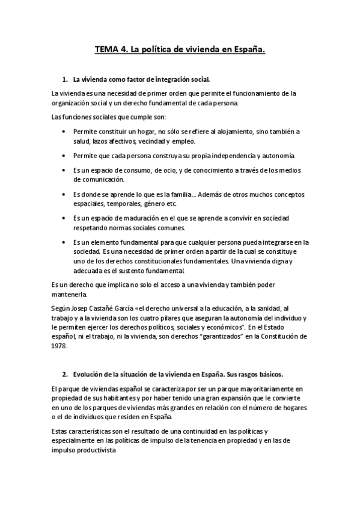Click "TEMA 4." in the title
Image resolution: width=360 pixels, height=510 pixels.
(109, 51)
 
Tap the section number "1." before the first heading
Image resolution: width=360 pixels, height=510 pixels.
(66, 79)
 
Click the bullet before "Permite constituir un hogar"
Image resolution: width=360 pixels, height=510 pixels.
(64, 131)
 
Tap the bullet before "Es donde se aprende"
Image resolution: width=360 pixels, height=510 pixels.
(64, 195)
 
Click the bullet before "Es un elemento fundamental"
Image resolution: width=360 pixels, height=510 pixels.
(64, 242)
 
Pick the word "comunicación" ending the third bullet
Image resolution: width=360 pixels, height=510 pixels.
(99, 179)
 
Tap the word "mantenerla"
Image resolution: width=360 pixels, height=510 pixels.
(69, 294)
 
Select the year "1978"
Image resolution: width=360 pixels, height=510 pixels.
(59, 346)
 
